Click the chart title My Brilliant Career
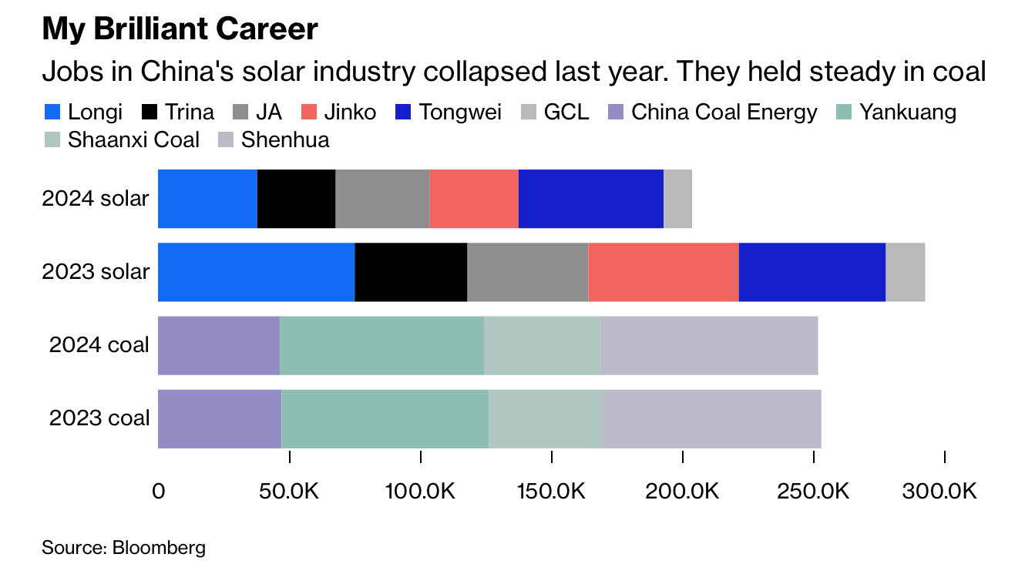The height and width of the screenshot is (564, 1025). point(180,29)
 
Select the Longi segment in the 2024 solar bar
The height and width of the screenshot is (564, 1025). point(207,199)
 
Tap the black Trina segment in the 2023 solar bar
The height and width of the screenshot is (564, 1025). point(411,272)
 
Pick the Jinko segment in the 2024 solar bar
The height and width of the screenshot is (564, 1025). point(473,199)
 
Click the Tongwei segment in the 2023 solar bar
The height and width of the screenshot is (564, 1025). point(812,272)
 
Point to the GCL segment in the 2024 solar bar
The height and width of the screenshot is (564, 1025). point(677,199)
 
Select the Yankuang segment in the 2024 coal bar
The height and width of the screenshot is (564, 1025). point(381,345)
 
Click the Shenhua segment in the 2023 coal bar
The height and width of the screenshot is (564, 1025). point(711,418)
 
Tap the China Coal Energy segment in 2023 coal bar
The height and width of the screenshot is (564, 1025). point(220,418)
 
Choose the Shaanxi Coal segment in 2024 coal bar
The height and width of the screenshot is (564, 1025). point(541,345)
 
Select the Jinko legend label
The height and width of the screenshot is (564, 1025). point(351,112)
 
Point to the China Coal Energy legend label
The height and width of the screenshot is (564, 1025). point(724,112)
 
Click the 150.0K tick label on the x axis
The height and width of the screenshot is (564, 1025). point(552,491)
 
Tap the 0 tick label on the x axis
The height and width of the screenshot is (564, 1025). point(159,491)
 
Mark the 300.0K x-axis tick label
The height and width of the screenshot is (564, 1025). point(945,491)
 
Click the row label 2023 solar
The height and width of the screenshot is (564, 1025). point(96,272)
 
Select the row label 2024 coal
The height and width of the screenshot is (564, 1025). point(99,345)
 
